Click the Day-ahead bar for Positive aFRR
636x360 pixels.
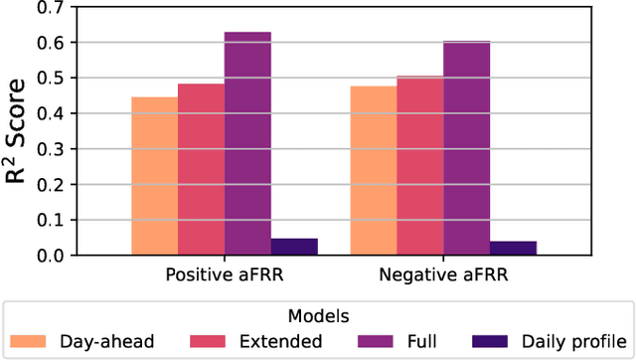click(x=155, y=176)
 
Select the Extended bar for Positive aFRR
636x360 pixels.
click(x=201, y=169)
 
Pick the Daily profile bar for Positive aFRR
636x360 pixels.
click(x=294, y=247)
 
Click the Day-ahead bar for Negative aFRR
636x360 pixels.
click(x=374, y=170)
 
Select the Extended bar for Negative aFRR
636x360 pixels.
click(x=419, y=165)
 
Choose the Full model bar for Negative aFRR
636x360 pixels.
click(x=466, y=148)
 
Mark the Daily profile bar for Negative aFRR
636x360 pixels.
click(x=513, y=248)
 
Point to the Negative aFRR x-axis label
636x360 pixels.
click(x=443, y=273)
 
